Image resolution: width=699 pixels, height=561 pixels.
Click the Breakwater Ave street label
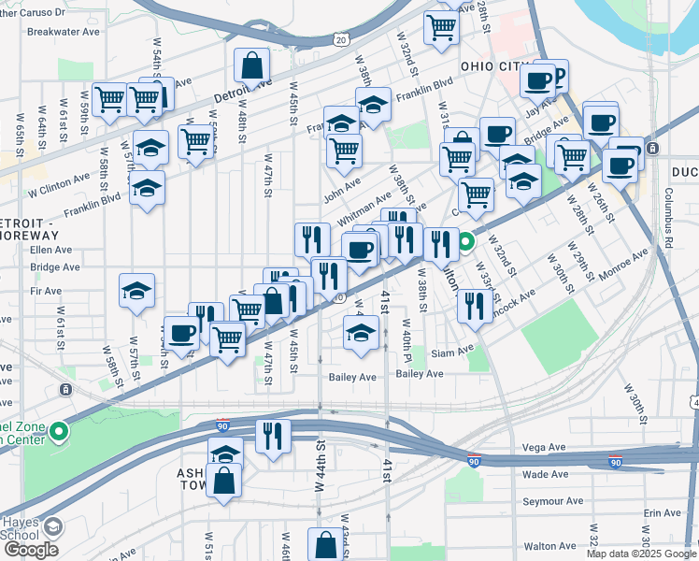pyautogui.click(x=64, y=31)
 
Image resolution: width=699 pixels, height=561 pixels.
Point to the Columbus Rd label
pyautogui.click(x=669, y=209)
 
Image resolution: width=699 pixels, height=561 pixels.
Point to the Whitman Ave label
pyautogui.click(x=364, y=209)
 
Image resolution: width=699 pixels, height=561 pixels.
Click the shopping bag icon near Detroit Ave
pyautogui.click(x=251, y=65)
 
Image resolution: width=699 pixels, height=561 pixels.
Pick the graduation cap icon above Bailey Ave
pyautogui.click(x=361, y=332)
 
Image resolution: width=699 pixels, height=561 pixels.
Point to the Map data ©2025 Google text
pyautogui.click(x=641, y=554)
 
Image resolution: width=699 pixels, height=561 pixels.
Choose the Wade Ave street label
pyautogui.click(x=547, y=474)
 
